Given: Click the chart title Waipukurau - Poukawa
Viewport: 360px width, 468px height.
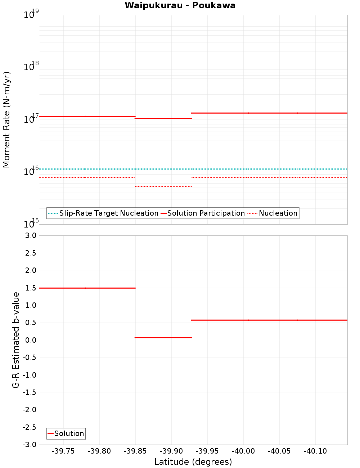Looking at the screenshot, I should [x=180, y=5].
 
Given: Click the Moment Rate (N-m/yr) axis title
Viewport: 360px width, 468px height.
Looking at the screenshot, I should [x=6, y=120].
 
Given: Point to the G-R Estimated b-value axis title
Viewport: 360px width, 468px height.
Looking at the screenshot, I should [x=16, y=340].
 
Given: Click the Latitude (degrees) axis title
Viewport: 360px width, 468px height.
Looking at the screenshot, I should [x=193, y=462].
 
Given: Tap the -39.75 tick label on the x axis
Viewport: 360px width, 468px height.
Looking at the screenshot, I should [x=63, y=451].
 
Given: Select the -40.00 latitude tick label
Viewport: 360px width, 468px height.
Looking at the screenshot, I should [x=243, y=451].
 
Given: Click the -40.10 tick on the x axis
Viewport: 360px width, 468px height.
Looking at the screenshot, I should [x=315, y=451].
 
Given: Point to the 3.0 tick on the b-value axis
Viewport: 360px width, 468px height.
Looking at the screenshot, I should [x=31, y=236].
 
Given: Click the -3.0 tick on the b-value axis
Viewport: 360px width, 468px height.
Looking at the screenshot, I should [x=30, y=445].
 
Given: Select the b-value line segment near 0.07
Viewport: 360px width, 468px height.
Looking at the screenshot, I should [x=163, y=338].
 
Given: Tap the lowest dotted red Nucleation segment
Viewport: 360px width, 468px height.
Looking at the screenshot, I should [x=163, y=186].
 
